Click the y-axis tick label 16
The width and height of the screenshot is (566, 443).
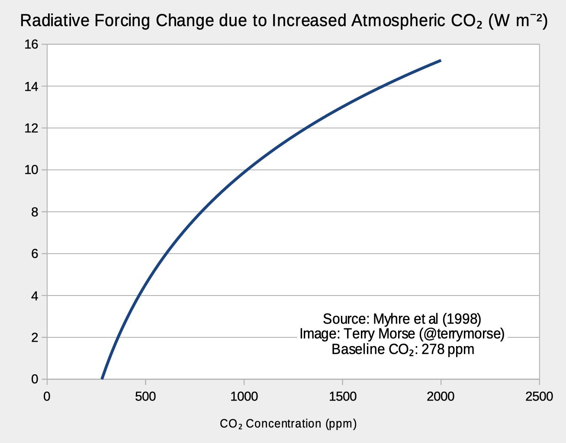[x=31, y=45]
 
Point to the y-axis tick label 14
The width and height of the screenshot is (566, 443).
[x=31, y=87]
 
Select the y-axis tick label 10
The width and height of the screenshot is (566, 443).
[x=31, y=170]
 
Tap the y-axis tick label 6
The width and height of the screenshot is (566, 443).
[x=35, y=254]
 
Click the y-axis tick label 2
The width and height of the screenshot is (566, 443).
[x=35, y=337]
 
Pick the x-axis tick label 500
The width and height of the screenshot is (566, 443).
[x=145, y=397]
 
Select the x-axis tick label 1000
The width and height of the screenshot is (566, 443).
[x=244, y=397]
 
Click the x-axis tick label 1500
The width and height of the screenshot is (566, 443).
[x=343, y=397]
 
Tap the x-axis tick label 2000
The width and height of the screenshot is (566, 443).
[x=441, y=397]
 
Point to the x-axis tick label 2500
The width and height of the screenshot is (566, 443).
[x=539, y=397]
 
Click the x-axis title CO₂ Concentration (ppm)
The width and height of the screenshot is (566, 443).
[x=288, y=424]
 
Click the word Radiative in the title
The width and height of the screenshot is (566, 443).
[x=55, y=21]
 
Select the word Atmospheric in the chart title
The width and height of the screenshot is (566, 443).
[x=398, y=21]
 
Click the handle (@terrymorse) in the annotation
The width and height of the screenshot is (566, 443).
[x=462, y=334]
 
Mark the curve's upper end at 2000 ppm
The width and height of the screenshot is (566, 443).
[x=441, y=61]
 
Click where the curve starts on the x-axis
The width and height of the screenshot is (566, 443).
[x=102, y=379]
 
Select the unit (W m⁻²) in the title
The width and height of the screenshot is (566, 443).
[x=518, y=21]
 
